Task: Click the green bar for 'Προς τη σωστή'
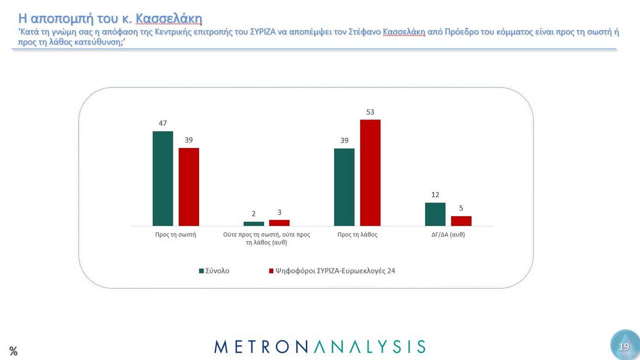[162, 178]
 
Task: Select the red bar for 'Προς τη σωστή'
[189, 187]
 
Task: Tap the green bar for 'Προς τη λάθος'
[344, 187]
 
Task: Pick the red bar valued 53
[370, 172]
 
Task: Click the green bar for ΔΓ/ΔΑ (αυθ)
[435, 214]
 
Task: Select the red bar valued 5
[461, 221]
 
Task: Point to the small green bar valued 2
[253, 223]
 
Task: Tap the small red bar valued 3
[279, 223]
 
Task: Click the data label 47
[162, 123]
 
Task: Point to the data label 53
[370, 111]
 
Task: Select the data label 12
[435, 194]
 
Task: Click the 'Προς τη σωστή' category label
[175, 234]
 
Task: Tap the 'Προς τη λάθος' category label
[357, 234]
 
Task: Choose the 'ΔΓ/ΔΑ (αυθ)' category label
[448, 234]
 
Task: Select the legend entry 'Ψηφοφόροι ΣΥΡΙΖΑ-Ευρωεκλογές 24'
[335, 271]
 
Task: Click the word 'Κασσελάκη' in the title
[168, 19]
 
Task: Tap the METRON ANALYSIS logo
[320, 346]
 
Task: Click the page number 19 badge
[624, 346]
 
